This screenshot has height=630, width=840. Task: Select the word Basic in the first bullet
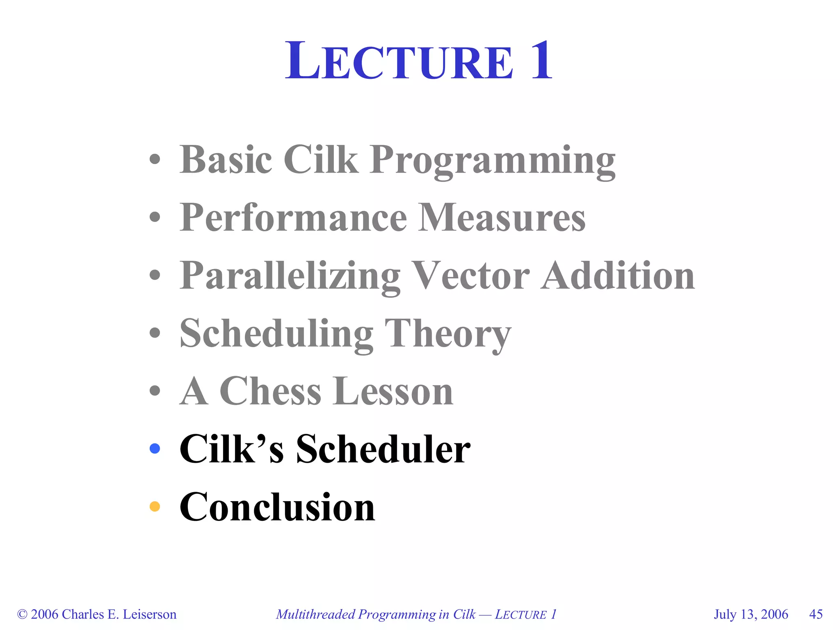coord(226,160)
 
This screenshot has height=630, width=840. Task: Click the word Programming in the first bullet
coord(492,161)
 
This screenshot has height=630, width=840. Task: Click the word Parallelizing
coord(290,276)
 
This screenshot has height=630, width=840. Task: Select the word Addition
coord(618,276)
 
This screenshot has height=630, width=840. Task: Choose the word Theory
coord(448,334)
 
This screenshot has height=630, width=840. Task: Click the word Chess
coord(270,391)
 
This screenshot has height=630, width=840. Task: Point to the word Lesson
coord(394,391)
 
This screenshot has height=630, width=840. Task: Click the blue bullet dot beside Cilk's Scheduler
coord(155,449)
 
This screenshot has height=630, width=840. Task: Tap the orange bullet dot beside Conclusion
coord(155,507)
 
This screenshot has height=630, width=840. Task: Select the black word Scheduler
coord(383,449)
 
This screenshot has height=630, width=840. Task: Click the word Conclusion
coord(277,507)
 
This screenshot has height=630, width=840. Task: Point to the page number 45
coord(816,614)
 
